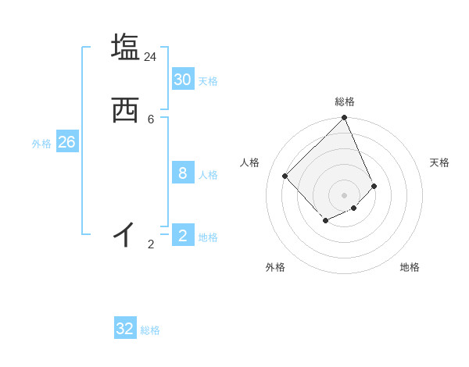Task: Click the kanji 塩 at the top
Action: [125, 47]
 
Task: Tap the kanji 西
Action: [125, 111]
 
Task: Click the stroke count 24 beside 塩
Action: [150, 57]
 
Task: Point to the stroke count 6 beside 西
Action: [151, 119]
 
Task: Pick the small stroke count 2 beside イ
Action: [151, 244]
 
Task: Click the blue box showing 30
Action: [182, 79]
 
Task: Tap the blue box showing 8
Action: [182, 173]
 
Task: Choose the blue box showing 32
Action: [125, 329]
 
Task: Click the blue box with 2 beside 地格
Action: [182, 235]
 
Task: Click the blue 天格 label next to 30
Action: [208, 81]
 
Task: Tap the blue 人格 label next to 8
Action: [208, 175]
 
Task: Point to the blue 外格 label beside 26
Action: [41, 144]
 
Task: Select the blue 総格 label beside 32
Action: [150, 331]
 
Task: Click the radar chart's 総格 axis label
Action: [345, 102]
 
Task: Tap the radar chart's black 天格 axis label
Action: [439, 162]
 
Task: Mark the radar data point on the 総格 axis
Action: [345, 118]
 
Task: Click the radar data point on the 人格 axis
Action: [285, 176]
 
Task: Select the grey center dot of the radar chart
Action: [345, 194]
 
